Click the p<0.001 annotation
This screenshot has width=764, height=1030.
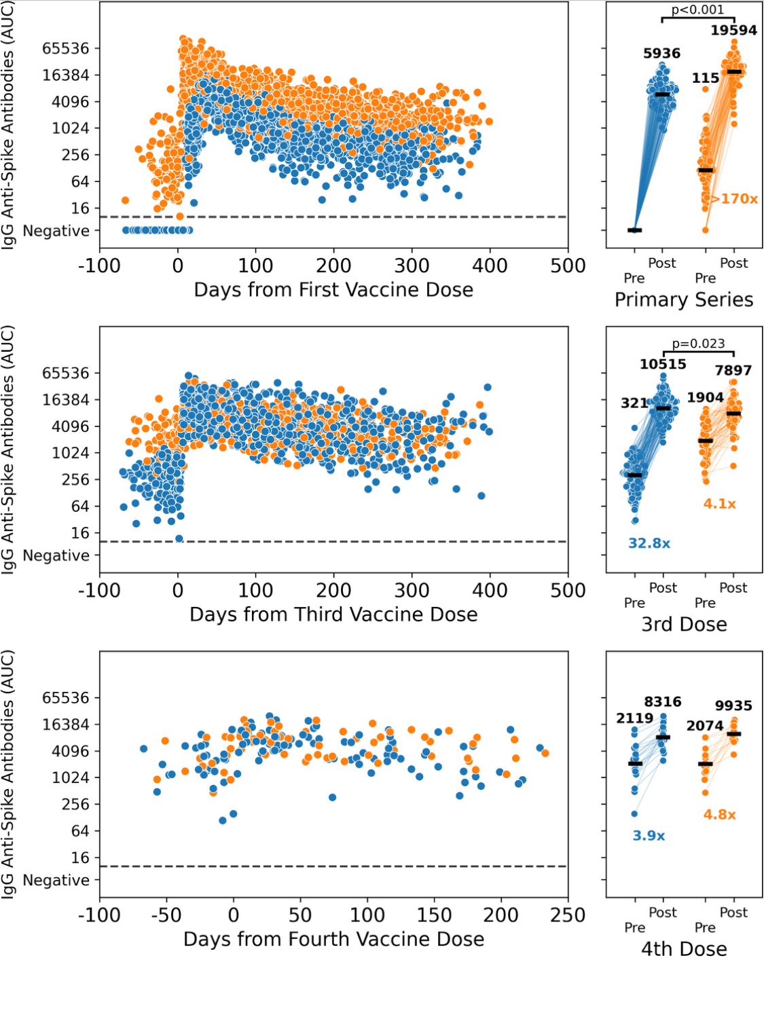(697, 10)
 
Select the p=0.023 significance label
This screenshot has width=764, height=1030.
(698, 344)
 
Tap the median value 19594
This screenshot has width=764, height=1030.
(733, 30)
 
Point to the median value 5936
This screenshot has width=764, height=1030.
(661, 53)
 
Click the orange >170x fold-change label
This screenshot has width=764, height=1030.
(734, 199)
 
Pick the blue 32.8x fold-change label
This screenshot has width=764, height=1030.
(649, 543)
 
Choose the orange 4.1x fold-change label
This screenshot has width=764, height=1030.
(719, 504)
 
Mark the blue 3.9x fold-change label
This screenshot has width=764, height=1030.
(649, 836)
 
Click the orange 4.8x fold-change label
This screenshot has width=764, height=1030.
(719, 815)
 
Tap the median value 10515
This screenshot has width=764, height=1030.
(663, 365)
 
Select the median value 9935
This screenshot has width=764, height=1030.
(733, 706)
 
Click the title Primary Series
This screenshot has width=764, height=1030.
(684, 299)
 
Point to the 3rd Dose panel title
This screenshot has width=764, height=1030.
(684, 624)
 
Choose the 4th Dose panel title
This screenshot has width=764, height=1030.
(684, 949)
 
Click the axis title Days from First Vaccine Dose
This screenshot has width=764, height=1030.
(333, 290)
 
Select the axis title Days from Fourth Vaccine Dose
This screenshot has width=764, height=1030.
(333, 939)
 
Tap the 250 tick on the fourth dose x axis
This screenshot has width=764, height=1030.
(568, 915)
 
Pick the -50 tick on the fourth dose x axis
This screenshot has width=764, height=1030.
(166, 915)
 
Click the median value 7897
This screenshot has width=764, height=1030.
(733, 371)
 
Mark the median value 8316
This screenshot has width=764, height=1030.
(663, 702)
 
